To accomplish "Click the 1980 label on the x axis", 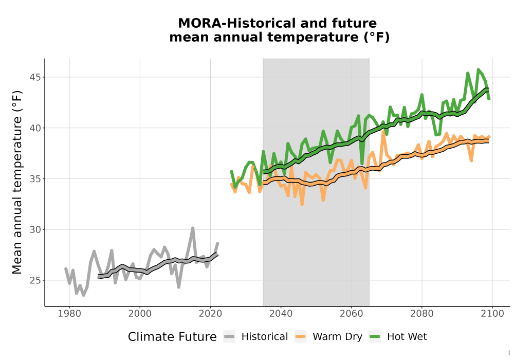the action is pos(69,314).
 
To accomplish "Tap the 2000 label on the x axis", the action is pos(140,314).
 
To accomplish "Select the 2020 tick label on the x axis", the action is pos(210,314).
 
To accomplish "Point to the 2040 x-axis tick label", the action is pos(281,314).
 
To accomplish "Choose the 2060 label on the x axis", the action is pos(352,314).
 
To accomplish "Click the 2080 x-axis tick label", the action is pos(422,314).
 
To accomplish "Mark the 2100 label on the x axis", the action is pos(492,314).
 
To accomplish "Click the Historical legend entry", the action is pos(255,337).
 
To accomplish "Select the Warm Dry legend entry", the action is pos(328,337).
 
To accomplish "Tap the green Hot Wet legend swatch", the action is pos(375,337).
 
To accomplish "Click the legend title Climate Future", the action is pos(172,337).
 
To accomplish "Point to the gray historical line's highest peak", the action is pos(193,228).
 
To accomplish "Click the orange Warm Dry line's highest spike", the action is pos(383,132).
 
